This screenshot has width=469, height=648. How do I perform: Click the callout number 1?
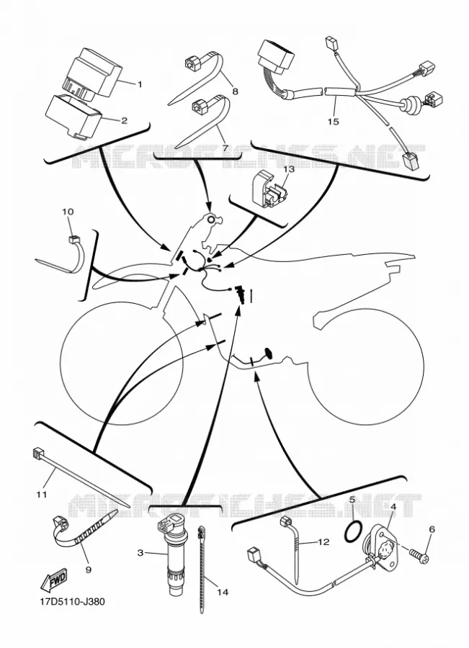(x=139, y=84)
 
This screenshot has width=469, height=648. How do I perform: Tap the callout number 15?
(x=333, y=122)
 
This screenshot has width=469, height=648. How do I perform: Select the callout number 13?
(x=289, y=169)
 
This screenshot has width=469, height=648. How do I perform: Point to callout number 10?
(x=68, y=212)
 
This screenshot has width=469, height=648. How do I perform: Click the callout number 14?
(x=223, y=593)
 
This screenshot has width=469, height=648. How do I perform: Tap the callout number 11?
(x=42, y=494)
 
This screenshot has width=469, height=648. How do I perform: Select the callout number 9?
(x=88, y=570)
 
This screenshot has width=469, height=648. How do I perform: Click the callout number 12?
(x=324, y=541)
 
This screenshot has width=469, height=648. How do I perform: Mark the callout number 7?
(x=225, y=148)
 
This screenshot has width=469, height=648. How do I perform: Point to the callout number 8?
(x=235, y=91)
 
